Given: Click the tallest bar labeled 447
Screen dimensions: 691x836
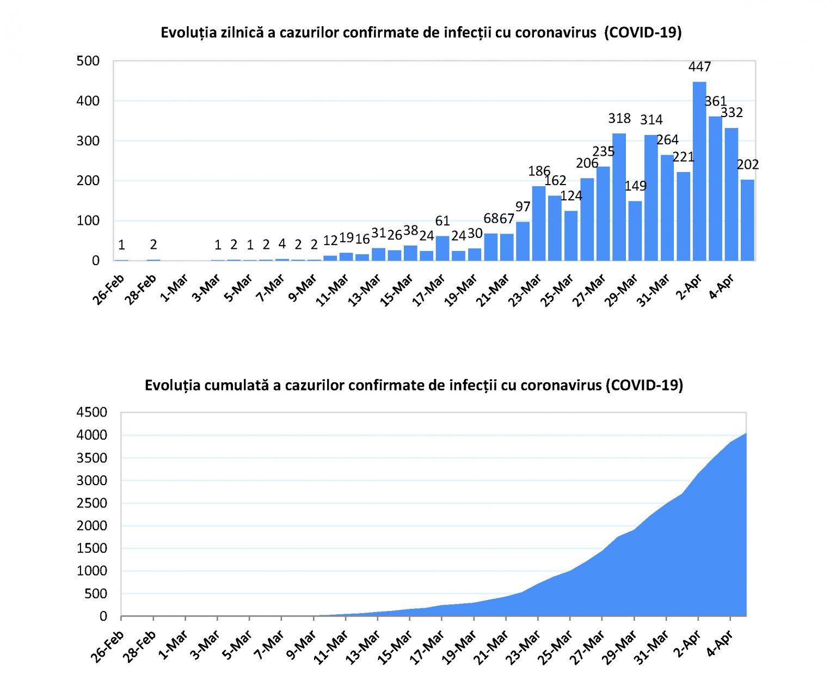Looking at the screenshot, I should point(699,171).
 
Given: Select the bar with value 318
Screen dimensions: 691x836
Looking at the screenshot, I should point(619,197).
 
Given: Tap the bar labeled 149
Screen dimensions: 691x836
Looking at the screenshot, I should point(635,230).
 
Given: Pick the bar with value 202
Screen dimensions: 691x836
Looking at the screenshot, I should point(747,220).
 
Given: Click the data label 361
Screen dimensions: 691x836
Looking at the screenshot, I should point(716,101).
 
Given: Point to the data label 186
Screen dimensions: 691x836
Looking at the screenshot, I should point(539,171).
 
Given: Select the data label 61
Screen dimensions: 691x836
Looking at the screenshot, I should point(442,221).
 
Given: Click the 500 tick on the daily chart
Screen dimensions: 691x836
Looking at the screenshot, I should point(88,61).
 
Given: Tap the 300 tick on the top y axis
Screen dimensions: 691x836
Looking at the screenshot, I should point(88,141).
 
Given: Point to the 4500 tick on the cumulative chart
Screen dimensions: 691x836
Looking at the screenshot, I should point(92,412).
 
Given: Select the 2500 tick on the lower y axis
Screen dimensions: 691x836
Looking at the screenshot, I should point(92,503).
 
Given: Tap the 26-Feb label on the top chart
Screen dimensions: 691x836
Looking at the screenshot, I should point(109,290).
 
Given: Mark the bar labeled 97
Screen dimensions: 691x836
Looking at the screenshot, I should point(523,241).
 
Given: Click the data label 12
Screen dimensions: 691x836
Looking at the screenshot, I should point(330,241).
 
